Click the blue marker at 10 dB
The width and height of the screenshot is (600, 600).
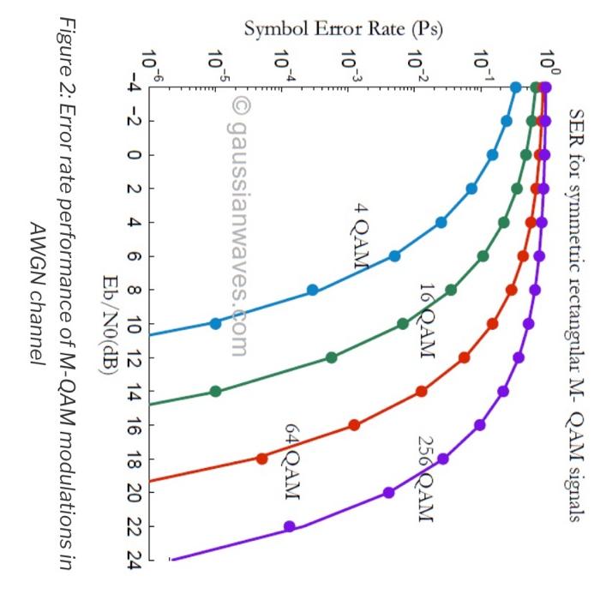(x=215, y=323)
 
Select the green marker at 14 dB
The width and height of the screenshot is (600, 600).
(x=215, y=392)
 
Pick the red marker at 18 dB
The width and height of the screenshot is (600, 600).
(x=261, y=459)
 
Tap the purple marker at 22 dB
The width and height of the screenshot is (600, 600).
(x=290, y=526)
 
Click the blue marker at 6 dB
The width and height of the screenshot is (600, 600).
(x=394, y=256)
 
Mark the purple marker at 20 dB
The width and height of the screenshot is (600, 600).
(x=388, y=493)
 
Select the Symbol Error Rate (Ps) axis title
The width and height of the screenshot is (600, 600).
(x=342, y=28)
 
